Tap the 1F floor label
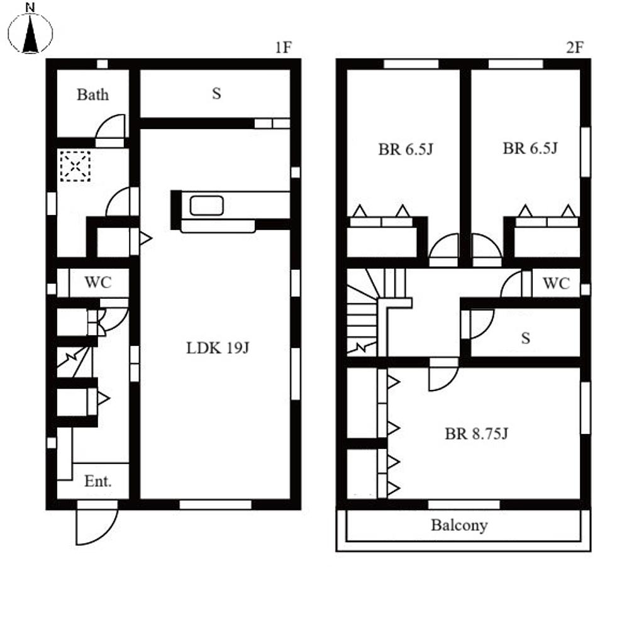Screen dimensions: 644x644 (283, 48)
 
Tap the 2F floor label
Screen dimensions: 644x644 (575, 48)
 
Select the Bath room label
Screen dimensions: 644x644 (93, 94)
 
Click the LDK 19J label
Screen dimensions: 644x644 (218, 348)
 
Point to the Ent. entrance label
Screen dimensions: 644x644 (97, 481)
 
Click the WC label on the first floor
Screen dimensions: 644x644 (97, 282)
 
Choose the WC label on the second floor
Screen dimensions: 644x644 (556, 283)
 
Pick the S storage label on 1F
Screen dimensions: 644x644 (216, 94)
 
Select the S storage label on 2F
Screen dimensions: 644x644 (525, 338)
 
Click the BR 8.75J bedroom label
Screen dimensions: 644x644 (477, 433)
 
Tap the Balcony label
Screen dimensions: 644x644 (459, 525)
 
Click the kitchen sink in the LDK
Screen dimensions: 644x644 (206, 206)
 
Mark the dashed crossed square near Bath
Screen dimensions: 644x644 (75, 166)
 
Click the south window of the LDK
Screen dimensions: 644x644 (216, 505)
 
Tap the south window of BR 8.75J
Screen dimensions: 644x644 (464, 505)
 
